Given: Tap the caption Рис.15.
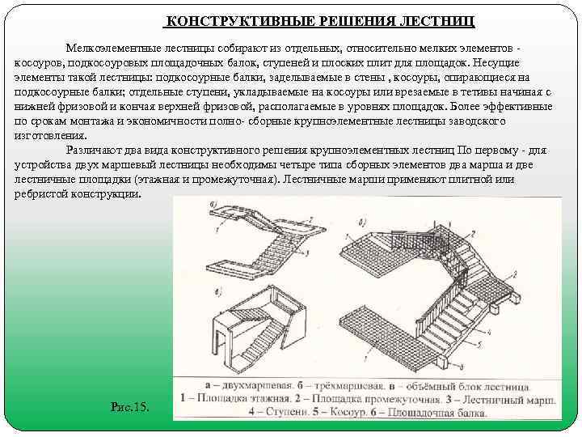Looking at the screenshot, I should [130, 405].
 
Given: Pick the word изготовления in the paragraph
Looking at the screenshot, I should [49, 135].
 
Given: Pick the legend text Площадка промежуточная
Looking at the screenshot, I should [377, 399].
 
